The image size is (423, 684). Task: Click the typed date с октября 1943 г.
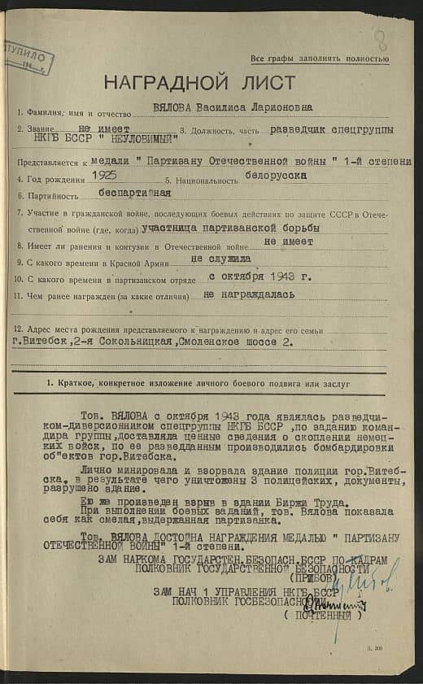click(x=248, y=277)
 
